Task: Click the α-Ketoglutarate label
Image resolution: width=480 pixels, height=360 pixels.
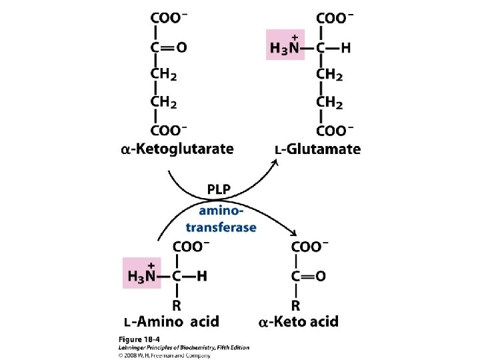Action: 177,149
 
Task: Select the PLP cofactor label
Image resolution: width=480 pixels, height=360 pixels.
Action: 219,190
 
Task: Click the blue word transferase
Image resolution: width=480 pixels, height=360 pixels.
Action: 221,227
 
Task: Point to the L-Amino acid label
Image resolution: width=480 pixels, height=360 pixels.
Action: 171,322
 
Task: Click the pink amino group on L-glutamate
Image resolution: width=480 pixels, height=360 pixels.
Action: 285,45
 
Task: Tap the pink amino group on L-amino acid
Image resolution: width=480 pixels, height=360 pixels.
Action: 142,273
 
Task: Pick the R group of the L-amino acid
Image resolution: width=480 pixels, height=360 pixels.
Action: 177,305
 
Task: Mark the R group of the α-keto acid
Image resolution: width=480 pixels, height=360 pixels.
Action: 297,305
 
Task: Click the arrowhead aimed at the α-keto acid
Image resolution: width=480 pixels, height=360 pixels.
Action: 294,233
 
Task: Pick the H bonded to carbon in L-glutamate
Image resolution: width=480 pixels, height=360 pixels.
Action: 345,48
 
